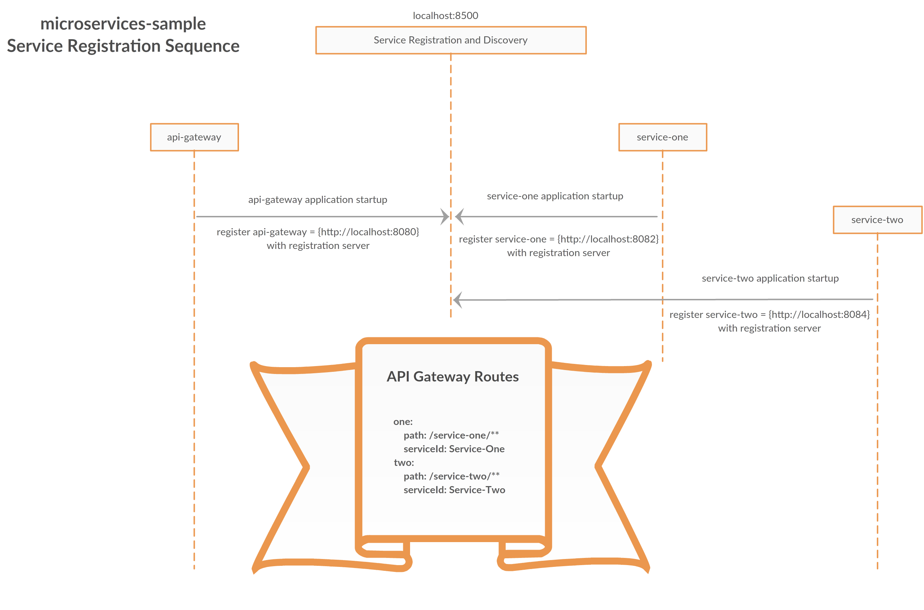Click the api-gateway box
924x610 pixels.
coord(194,137)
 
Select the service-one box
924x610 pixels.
coord(662,137)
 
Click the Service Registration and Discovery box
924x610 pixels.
coord(450,40)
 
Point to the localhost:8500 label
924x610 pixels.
coord(445,15)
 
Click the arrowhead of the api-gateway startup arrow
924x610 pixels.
coord(445,216)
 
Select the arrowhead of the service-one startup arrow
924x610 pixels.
coord(460,216)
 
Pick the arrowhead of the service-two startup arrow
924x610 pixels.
coord(458,300)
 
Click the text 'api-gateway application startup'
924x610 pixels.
coord(318,200)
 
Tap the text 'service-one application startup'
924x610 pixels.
coord(555,196)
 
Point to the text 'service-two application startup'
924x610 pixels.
coord(770,278)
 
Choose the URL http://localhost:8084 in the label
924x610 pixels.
coord(820,314)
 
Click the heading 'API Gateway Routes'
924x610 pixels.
coord(452,376)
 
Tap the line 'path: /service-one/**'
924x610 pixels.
coord(451,435)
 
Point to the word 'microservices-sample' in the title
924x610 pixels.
coord(123,24)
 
